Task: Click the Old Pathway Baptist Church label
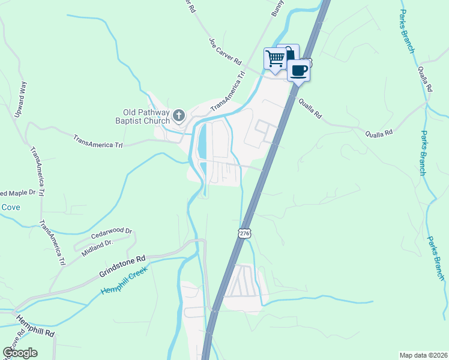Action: click(146, 116)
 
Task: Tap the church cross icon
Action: click(178, 115)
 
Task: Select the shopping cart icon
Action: click(275, 59)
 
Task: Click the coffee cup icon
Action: click(298, 71)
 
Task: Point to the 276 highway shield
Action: click(244, 233)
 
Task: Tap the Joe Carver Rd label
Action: click(225, 52)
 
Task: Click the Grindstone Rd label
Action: click(122, 267)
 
